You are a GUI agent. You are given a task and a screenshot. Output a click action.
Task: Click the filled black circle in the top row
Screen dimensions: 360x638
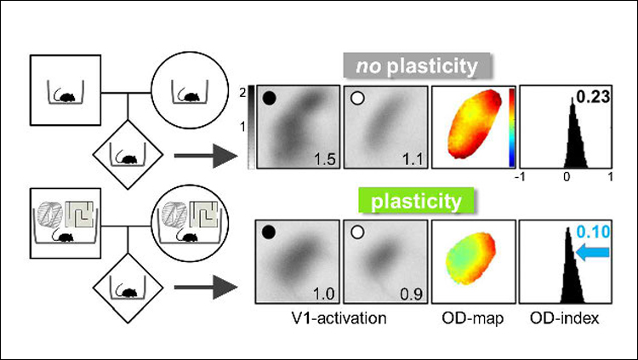click(270, 99)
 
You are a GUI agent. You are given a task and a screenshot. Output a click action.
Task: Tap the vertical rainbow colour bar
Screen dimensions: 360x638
click(510, 124)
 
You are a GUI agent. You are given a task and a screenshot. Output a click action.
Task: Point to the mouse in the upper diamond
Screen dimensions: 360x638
click(128, 158)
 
